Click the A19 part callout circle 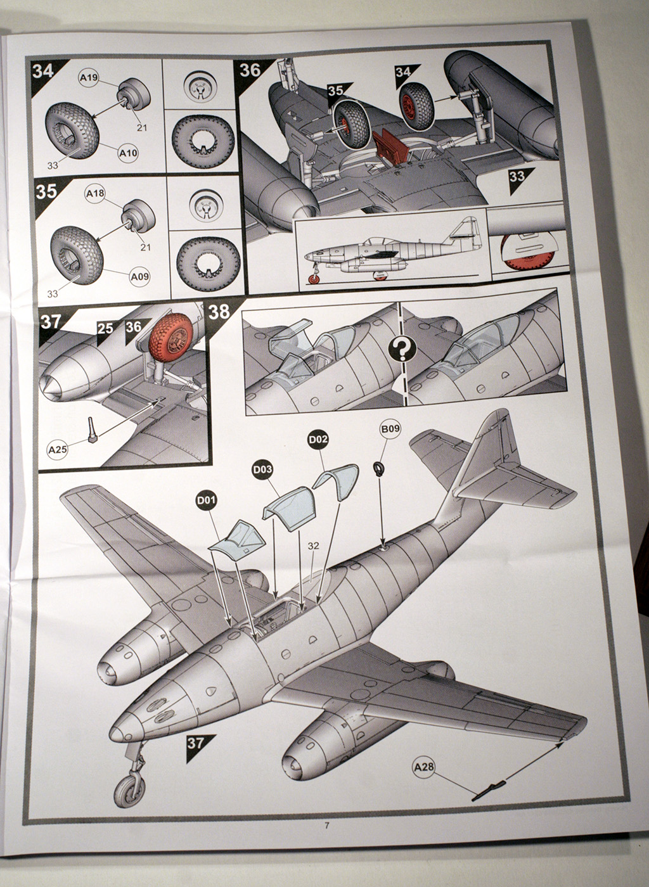(x=89, y=78)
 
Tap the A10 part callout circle (x=127, y=153)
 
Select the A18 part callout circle (x=96, y=193)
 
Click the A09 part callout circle (x=139, y=276)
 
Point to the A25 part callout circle (x=58, y=450)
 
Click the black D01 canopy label (x=206, y=501)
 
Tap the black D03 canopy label (x=262, y=469)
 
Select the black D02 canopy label (x=318, y=439)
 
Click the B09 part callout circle (x=390, y=430)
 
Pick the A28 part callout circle (x=424, y=767)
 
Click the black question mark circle (x=404, y=348)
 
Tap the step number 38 (x=219, y=312)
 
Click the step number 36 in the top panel (x=250, y=70)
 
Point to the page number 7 (x=326, y=826)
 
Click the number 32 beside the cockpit (x=313, y=546)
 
